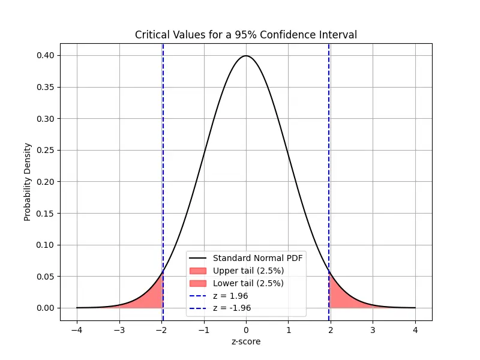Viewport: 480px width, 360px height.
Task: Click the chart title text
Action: tap(246, 35)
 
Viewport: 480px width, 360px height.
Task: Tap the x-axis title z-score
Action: tap(246, 341)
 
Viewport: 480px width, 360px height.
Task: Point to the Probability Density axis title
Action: tap(28, 182)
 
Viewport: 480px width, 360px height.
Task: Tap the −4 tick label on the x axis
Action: tap(76, 329)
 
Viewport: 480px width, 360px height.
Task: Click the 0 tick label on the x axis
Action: tap(246, 329)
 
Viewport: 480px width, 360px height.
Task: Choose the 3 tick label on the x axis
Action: tap(373, 329)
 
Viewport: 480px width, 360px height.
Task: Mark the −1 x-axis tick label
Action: tap(203, 329)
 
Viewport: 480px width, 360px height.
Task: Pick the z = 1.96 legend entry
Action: tap(230, 296)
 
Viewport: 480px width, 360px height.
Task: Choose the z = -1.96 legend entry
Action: tap(232, 308)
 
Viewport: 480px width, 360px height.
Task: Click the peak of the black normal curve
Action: tap(246, 56)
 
